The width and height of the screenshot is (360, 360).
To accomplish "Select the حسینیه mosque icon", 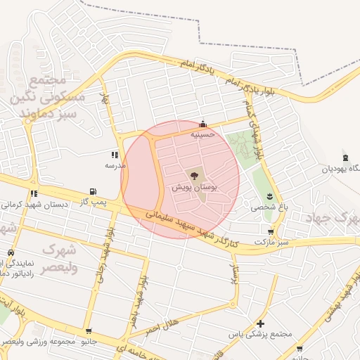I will coord(203,123).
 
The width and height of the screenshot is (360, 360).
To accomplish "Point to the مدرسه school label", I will coord(115,165).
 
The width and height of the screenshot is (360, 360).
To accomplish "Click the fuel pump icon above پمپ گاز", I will coord(93,191).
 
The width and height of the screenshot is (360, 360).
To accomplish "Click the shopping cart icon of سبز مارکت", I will coord(271,231).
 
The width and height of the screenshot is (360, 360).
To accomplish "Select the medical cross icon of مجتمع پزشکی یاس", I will coord(261,323).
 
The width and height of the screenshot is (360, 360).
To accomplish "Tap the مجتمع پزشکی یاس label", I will coord(266,335).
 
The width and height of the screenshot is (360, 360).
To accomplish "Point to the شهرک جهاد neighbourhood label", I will coord(333,219).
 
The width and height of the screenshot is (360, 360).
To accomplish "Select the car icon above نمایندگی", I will coord(11,252).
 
